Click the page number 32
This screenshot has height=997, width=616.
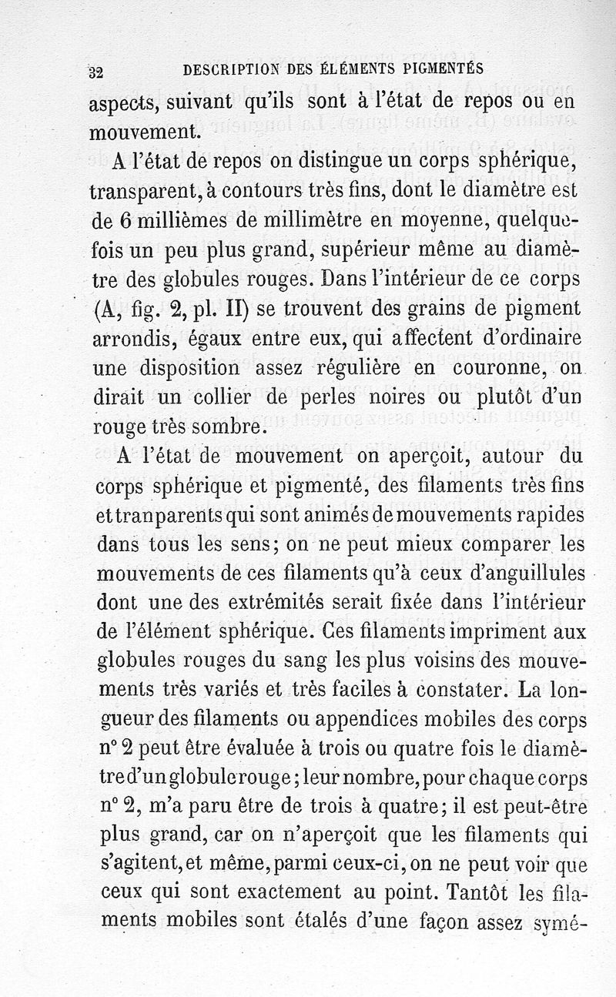pos(96,73)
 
